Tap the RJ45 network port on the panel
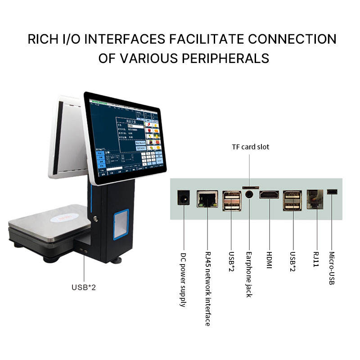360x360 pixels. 207,199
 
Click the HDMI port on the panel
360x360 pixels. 269,195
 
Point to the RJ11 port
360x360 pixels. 315,199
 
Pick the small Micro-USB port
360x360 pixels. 333,192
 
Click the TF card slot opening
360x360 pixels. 251,186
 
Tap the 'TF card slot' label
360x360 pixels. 251,147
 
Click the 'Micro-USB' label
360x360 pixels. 333,268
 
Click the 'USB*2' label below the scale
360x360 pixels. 84,287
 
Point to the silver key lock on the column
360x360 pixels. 96,219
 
